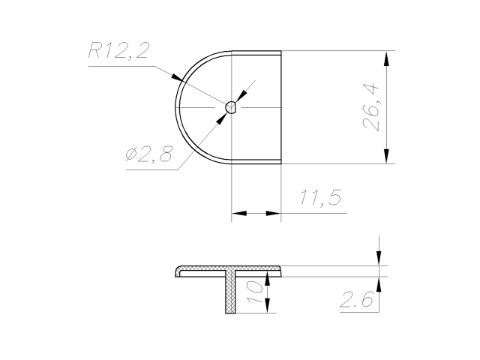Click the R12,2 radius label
pos(118,50)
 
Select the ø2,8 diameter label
pos(149,154)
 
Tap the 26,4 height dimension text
pos(370,107)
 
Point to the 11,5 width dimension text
pos(320,198)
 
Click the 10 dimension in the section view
pos(255,292)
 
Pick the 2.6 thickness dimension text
pos(357,299)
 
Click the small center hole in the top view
pos(231,107)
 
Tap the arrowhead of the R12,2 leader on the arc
pos(177,78)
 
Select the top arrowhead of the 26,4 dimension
pos(387,58)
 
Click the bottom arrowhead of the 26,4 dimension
pos(387,156)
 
